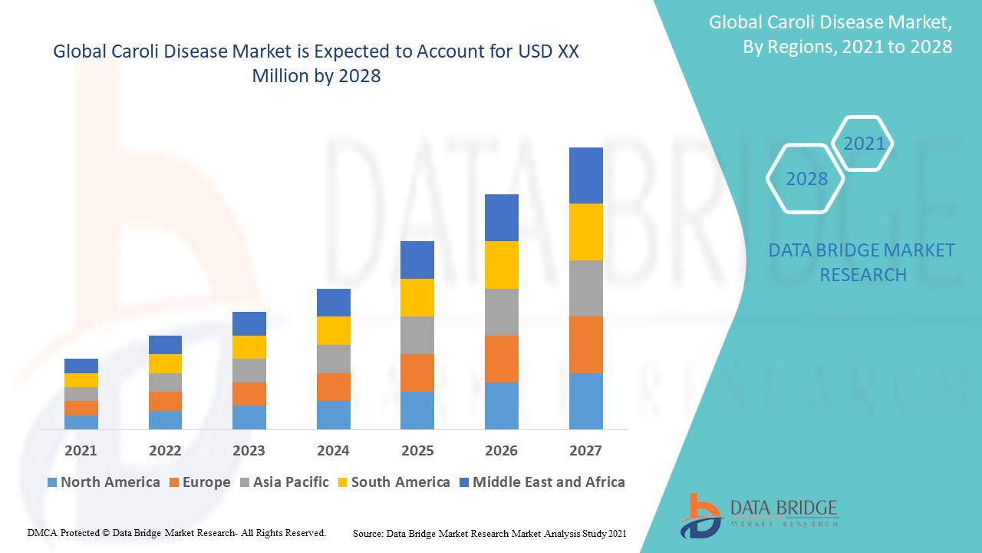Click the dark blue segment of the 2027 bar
pyautogui.click(x=585, y=175)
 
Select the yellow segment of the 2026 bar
pyautogui.click(x=501, y=265)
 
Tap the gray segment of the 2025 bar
pyautogui.click(x=417, y=335)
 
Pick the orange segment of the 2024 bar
pyautogui.click(x=333, y=387)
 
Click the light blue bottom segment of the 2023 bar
pyautogui.click(x=249, y=417)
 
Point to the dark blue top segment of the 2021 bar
pyautogui.click(x=81, y=366)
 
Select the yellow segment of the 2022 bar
pyautogui.click(x=165, y=363)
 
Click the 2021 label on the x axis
pyautogui.click(x=81, y=450)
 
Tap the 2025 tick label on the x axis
pyautogui.click(x=417, y=450)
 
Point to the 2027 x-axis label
pyautogui.click(x=585, y=450)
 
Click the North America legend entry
pyautogui.click(x=104, y=482)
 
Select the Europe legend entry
pyautogui.click(x=199, y=482)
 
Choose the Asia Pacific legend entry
pyautogui.click(x=285, y=482)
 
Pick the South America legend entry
pyautogui.click(x=393, y=482)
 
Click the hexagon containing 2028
pyautogui.click(x=806, y=179)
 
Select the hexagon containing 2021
pyautogui.click(x=864, y=144)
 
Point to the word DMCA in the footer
pyautogui.click(x=42, y=532)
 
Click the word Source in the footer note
pyautogui.click(x=367, y=533)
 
